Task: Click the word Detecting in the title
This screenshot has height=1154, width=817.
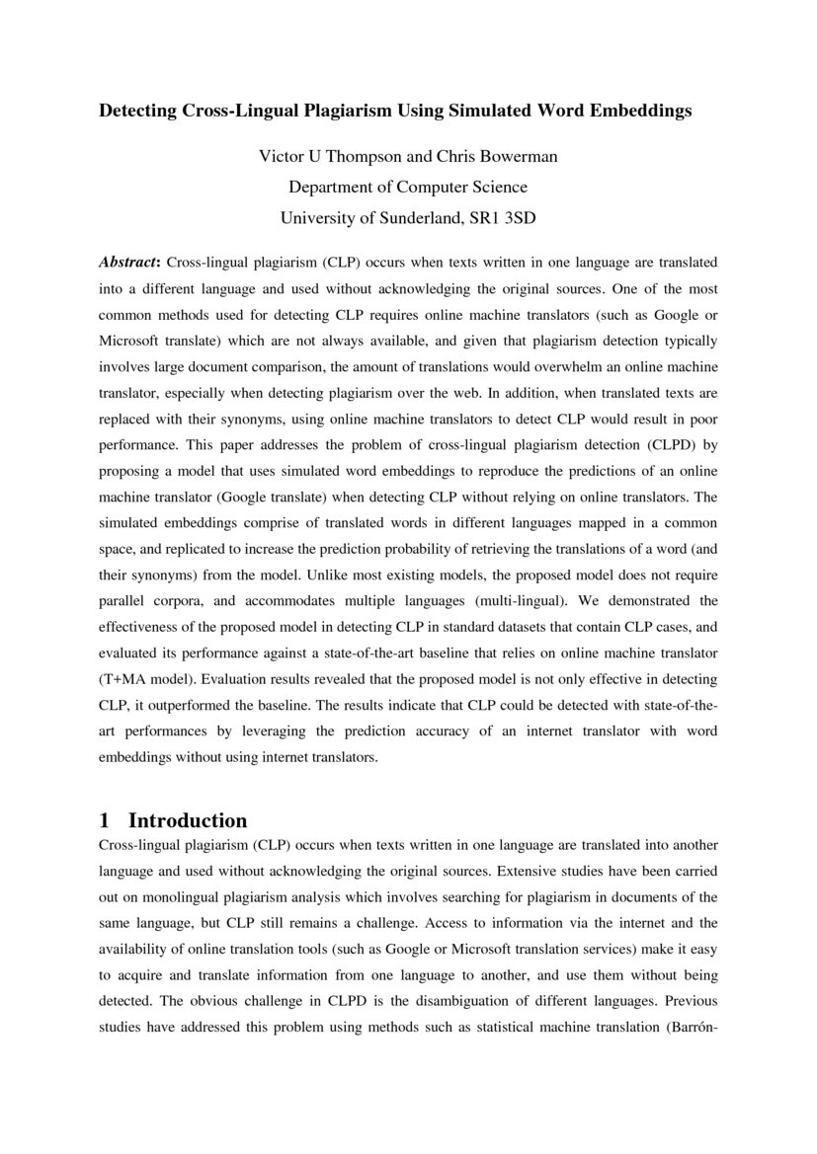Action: [x=136, y=111]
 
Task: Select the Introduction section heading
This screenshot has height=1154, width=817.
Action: [x=188, y=820]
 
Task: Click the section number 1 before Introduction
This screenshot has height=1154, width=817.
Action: [x=105, y=820]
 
